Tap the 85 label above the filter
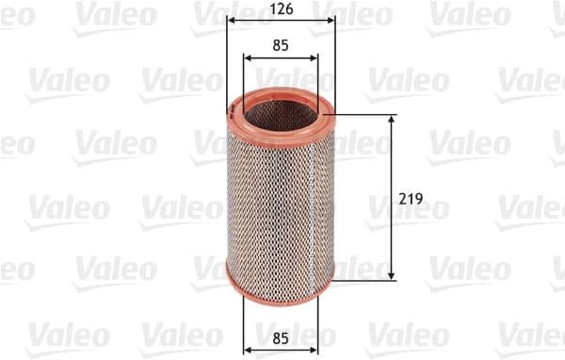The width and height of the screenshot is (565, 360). [281, 43]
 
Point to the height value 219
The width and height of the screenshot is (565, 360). [410, 199]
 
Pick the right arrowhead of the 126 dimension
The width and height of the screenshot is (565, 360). [330, 21]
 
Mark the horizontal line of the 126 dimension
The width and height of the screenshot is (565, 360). [281, 21]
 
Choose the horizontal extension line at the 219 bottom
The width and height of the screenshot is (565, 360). [367, 278]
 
